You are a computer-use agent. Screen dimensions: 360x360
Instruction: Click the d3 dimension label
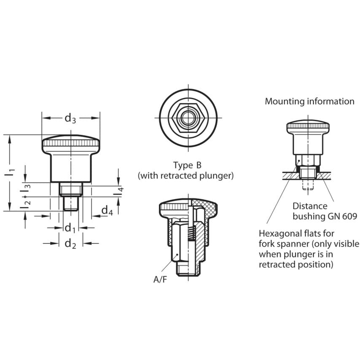(x=70, y=119)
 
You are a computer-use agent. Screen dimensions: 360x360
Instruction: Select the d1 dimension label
(x=70, y=228)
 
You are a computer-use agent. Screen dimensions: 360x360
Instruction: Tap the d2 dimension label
(x=70, y=244)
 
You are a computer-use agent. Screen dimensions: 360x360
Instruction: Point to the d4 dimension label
(x=107, y=210)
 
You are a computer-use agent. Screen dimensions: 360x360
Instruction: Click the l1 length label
(x=9, y=173)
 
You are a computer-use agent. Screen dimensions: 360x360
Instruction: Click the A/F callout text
(x=160, y=279)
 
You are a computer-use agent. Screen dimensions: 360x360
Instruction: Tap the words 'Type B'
(x=187, y=165)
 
